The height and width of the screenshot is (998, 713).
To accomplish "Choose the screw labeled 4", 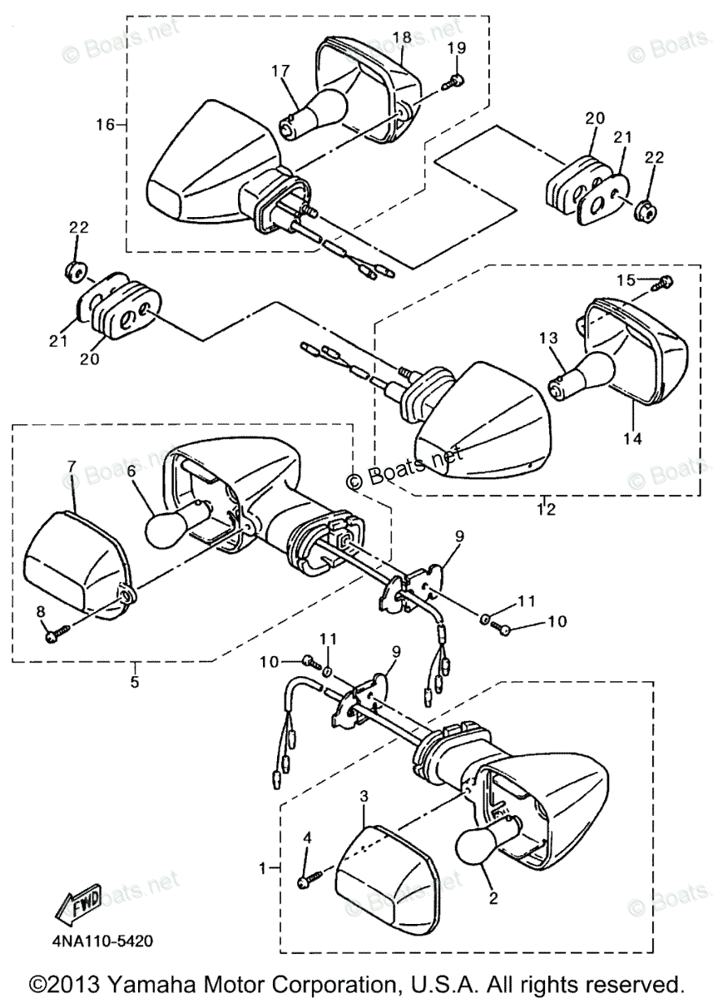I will tap(305, 879).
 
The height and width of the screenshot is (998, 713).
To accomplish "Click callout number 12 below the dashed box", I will tap(545, 509).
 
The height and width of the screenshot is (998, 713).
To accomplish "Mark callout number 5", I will tap(135, 682).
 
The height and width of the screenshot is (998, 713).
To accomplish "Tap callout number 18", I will tap(402, 37).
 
